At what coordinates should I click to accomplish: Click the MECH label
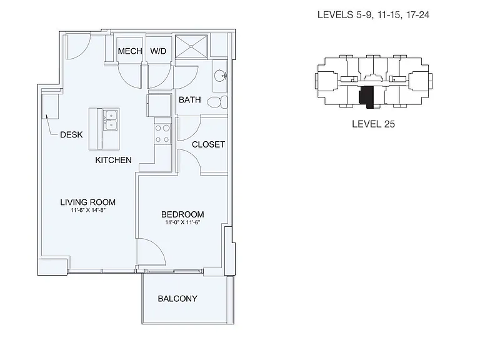130,51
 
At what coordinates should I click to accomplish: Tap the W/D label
158,51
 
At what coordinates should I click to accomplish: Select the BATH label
190,100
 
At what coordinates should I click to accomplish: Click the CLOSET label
208,144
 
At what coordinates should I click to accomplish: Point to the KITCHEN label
113,160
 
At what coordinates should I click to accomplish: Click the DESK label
71,135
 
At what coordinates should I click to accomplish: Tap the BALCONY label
177,299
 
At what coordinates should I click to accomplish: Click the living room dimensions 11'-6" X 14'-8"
88,210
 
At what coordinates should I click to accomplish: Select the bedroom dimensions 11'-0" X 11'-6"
182,222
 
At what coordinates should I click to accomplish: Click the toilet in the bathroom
217,102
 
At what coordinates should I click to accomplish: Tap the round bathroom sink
220,75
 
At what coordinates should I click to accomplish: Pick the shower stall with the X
191,46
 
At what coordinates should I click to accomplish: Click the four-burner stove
162,134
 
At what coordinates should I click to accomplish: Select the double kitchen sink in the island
111,120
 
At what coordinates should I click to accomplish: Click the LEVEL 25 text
373,124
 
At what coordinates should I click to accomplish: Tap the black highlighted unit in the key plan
367,96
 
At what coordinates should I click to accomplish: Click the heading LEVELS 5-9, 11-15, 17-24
373,15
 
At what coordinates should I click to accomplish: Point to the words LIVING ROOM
88,202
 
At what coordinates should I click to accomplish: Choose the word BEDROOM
182,214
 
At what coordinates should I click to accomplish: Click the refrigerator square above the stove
159,106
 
